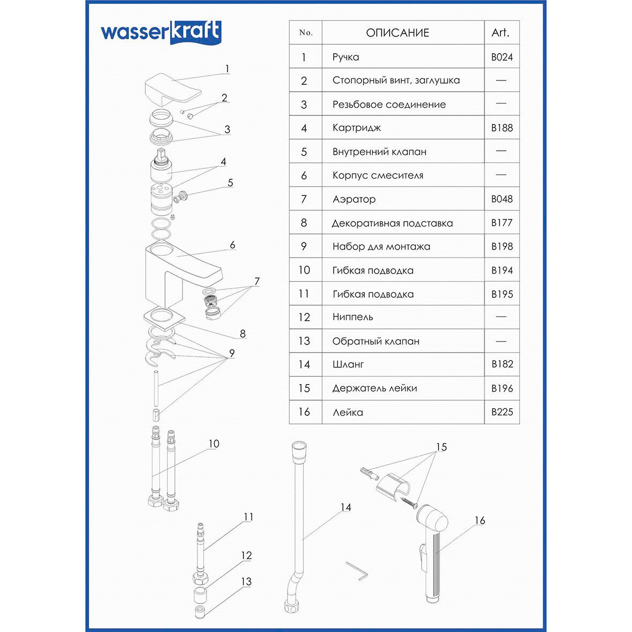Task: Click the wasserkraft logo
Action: (x=160, y=32)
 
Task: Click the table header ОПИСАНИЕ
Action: (x=398, y=33)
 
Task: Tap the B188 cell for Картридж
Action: (x=502, y=128)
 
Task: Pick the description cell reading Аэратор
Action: (x=354, y=199)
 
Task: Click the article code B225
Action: (x=502, y=412)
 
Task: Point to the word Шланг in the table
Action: (x=348, y=364)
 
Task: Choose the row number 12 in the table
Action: (x=304, y=317)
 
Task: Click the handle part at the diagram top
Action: (x=172, y=89)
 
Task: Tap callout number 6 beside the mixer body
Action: (x=232, y=245)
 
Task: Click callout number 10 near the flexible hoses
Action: (x=214, y=444)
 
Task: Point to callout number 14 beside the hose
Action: (x=346, y=507)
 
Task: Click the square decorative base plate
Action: (x=164, y=317)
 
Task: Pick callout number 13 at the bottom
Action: (x=246, y=582)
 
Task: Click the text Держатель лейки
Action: (x=374, y=388)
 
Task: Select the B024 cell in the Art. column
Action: (x=502, y=57)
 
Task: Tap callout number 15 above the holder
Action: (x=441, y=447)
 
